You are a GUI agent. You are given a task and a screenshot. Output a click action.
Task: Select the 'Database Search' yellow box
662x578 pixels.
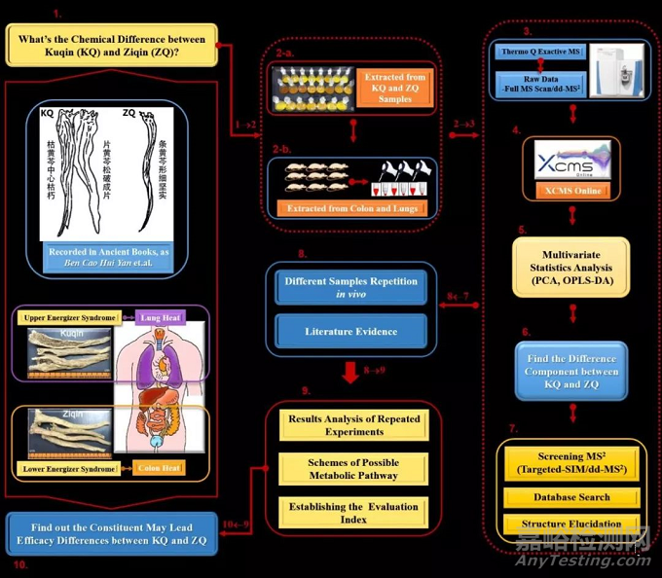pos(571,498)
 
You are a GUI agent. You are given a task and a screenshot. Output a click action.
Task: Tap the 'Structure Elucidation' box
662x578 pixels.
pos(571,524)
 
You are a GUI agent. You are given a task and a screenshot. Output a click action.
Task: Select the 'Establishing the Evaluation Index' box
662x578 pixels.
pos(353,513)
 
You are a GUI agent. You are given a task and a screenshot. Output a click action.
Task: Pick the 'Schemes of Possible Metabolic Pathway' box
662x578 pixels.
pos(353,469)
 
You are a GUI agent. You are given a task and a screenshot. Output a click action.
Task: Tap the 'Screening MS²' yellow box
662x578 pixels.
pos(571,463)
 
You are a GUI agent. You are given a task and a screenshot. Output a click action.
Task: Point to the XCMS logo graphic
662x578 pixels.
pos(570,160)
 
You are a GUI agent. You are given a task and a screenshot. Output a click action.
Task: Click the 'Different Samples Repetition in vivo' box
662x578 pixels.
pos(350,288)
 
